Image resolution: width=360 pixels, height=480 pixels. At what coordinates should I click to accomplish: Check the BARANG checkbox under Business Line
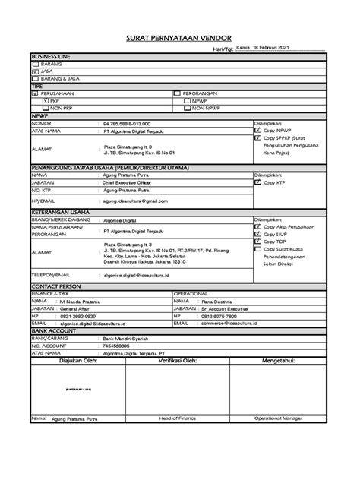click(35, 65)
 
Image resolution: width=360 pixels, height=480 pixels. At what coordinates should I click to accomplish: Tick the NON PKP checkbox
click(46, 107)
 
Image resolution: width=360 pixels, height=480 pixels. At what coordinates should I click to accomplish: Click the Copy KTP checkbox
click(258, 182)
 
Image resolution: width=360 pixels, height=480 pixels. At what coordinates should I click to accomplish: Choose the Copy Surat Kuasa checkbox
click(258, 248)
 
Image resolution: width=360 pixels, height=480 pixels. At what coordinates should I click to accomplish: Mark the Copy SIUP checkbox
click(258, 233)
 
